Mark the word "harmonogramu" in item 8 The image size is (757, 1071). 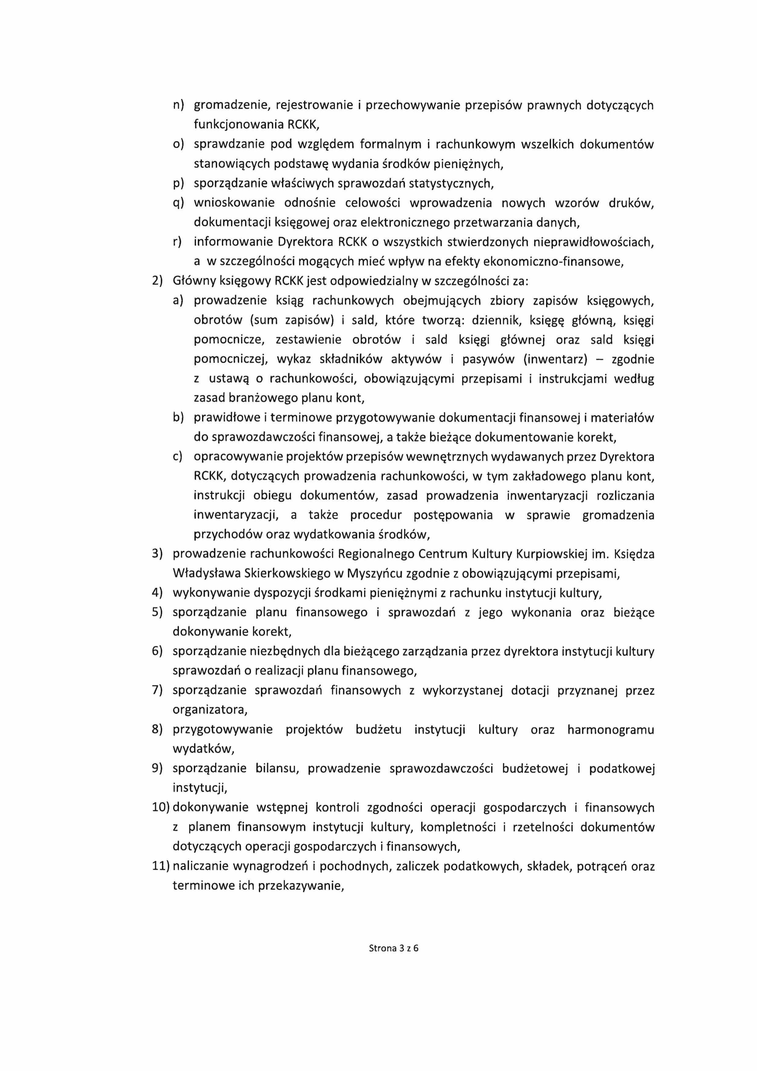[610, 730]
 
